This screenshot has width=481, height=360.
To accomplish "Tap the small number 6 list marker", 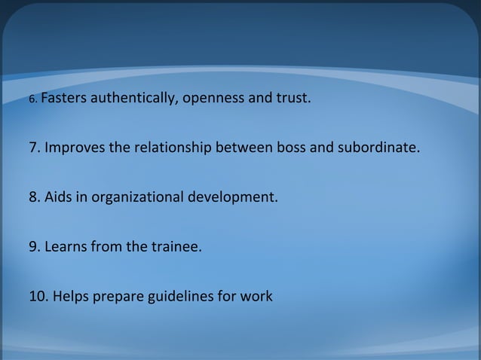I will click(32, 99).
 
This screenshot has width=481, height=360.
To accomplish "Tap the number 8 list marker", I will click(34, 198).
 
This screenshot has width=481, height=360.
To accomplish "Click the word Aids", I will click(58, 198).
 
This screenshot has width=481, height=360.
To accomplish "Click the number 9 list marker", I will click(34, 246).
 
